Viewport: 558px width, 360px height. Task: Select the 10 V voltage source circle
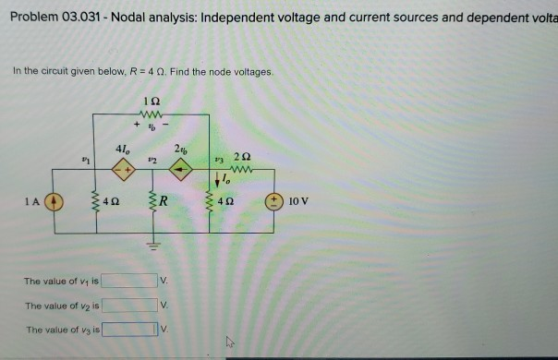(x=273, y=199)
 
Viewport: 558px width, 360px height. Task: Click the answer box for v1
(x=128, y=281)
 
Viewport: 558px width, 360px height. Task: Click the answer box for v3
(x=128, y=329)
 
